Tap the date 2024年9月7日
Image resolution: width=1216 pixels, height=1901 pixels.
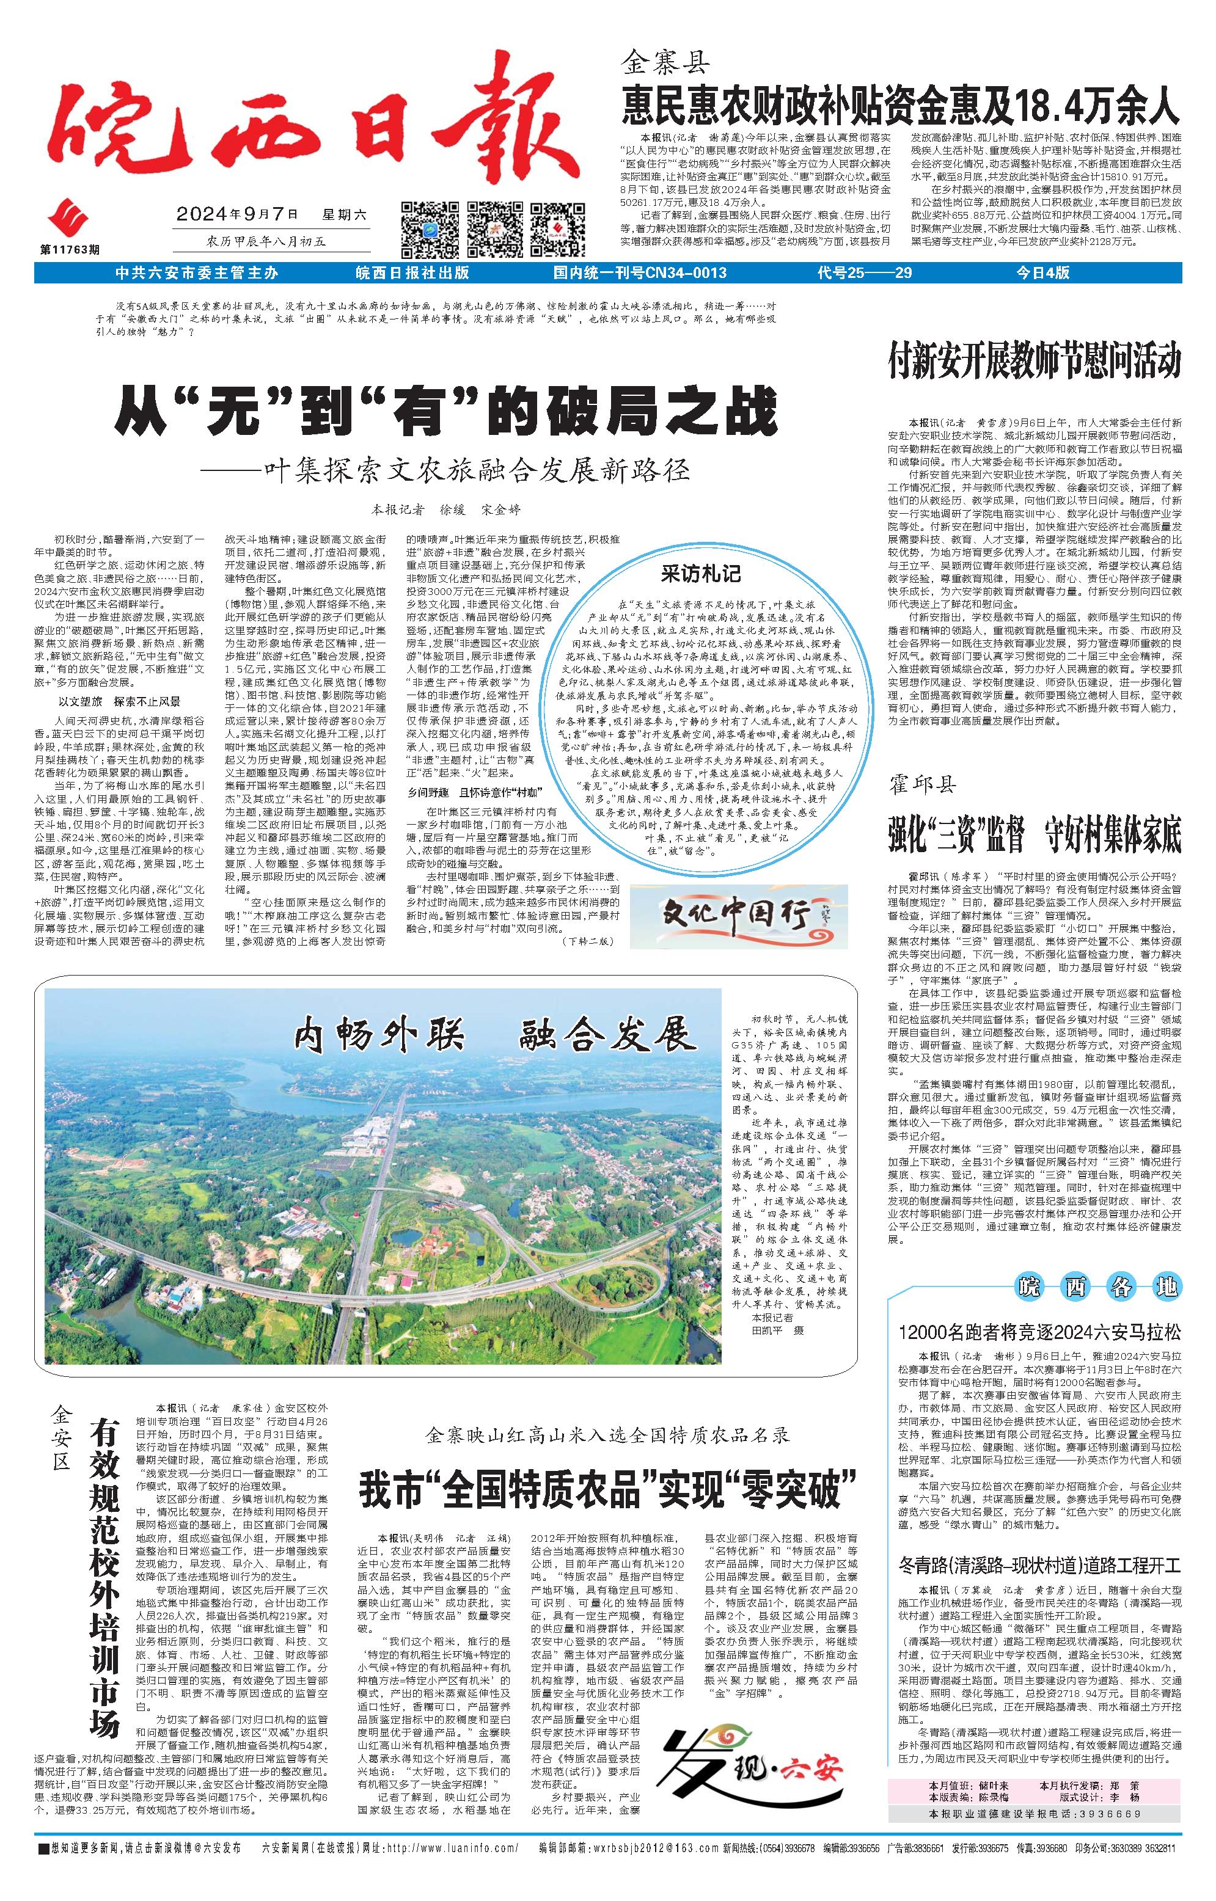pos(237,213)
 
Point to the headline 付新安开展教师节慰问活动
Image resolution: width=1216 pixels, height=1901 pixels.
pos(1034,361)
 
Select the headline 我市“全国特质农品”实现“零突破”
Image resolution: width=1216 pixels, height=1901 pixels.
pos(608,1488)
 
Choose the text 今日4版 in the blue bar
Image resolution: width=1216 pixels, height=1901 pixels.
pos(1042,273)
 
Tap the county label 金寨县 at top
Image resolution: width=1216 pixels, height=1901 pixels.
pos(667,60)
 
